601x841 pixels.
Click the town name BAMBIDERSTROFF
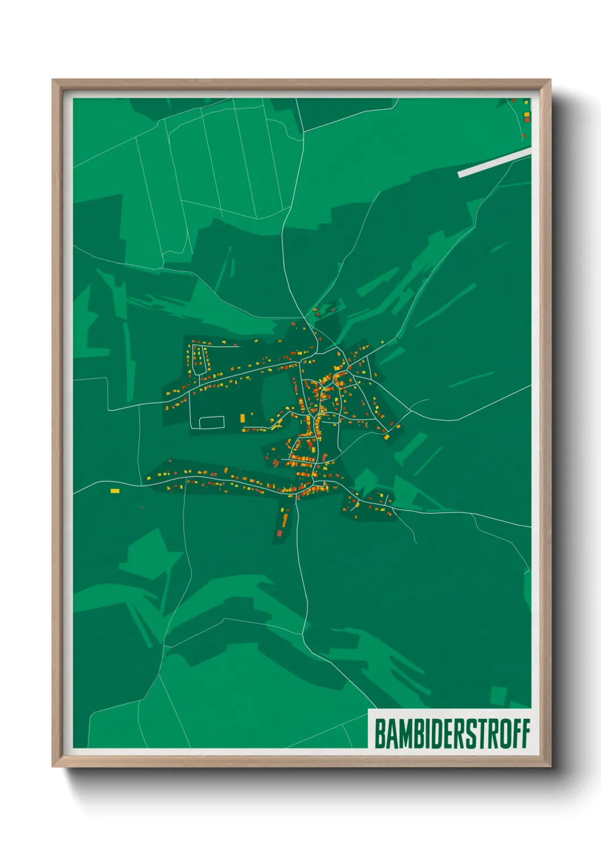(452, 734)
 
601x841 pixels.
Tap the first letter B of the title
(379, 734)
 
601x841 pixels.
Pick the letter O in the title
(502, 734)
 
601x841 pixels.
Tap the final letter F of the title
(525, 734)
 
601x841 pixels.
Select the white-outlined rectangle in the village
(212, 422)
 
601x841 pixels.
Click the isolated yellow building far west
(115, 490)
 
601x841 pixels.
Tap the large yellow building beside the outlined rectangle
(243, 418)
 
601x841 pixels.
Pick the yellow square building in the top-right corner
(527, 115)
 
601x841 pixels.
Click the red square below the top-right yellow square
(527, 120)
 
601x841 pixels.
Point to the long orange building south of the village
(285, 519)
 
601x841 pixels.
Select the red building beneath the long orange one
(280, 533)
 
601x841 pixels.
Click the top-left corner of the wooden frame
(53, 81)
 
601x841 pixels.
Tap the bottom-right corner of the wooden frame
(550, 766)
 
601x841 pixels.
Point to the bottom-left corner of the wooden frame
(53, 766)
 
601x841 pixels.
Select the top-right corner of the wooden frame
(550, 81)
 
